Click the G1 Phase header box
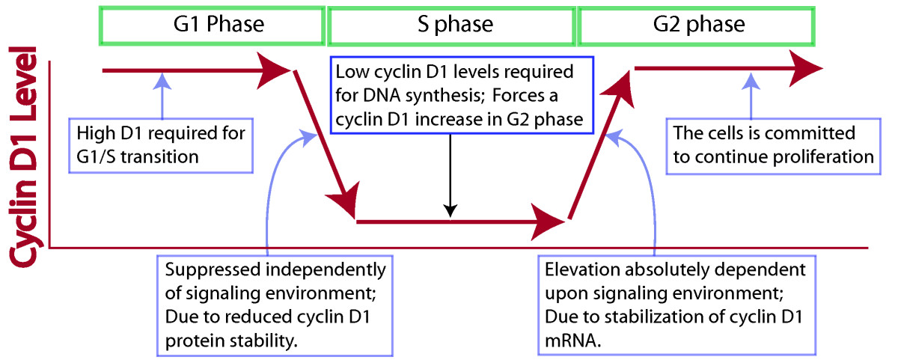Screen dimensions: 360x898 pos(213,25)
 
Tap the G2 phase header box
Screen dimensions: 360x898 pos(707,25)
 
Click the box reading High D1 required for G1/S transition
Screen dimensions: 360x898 pos(161,145)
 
